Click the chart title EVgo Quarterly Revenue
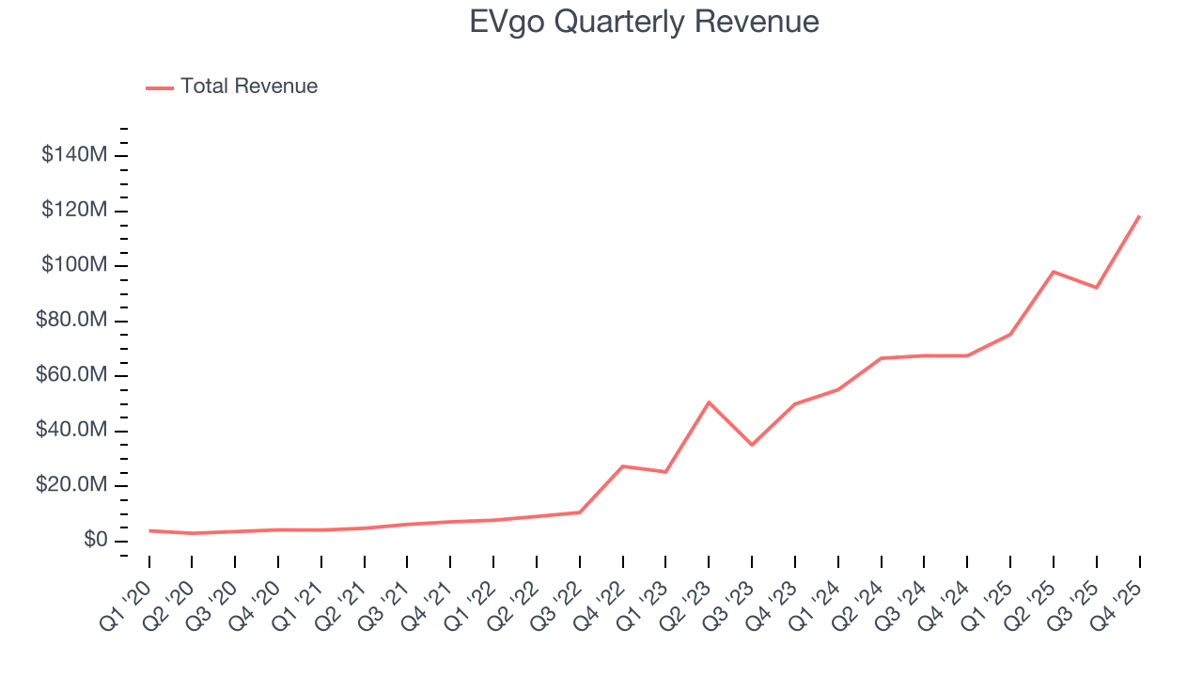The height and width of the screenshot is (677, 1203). [x=644, y=22]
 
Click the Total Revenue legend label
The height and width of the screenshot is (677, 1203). [x=249, y=87]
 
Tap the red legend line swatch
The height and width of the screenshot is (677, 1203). [x=160, y=87]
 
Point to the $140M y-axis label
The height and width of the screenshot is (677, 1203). [x=74, y=154]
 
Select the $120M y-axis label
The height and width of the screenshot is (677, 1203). [x=74, y=210]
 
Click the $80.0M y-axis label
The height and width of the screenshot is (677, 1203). [x=70, y=321]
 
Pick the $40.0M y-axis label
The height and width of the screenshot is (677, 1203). [x=70, y=431]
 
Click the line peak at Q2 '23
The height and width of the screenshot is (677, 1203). [x=709, y=402]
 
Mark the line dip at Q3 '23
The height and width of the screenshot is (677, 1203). [x=752, y=445]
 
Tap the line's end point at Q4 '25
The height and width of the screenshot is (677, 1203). [x=1139, y=216]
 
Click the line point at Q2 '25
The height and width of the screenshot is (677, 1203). [x=1054, y=272]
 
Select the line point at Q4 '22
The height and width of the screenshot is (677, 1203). [x=622, y=466]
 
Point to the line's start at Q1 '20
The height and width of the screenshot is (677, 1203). [x=149, y=530]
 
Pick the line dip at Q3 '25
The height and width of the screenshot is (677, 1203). [x=1096, y=288]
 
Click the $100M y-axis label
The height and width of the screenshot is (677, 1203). [x=74, y=265]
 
